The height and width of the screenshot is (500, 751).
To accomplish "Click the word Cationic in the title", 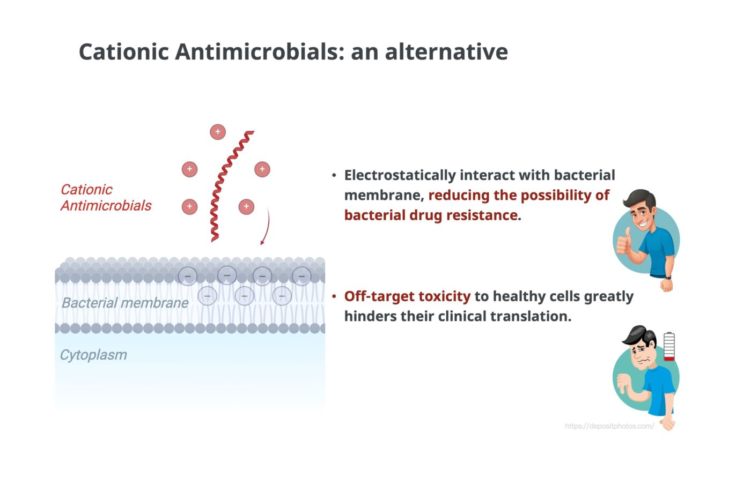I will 123,52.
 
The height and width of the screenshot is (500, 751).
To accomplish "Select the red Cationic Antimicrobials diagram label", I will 105,197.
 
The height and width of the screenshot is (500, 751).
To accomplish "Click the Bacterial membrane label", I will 124,303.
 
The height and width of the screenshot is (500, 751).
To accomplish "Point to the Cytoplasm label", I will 93,355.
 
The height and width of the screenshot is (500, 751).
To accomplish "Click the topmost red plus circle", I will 218,132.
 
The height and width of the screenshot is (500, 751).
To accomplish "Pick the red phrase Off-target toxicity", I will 407,296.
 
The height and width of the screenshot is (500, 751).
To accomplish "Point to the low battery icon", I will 669,346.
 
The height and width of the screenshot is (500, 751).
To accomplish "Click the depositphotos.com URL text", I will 609,426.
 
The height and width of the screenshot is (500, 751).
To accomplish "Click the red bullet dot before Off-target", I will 334,296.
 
